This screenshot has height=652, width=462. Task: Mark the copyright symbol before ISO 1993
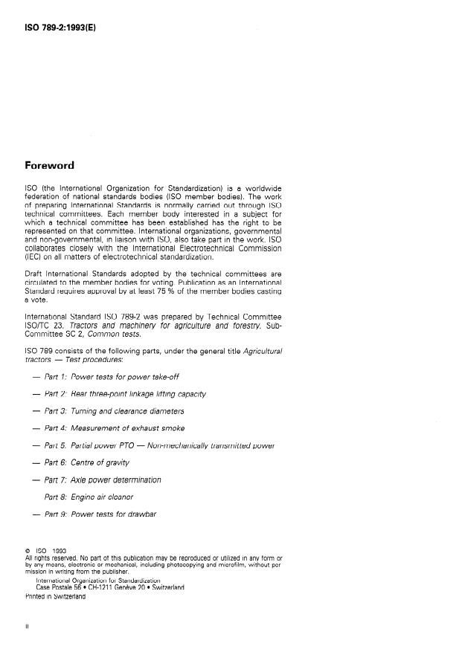coord(28,551)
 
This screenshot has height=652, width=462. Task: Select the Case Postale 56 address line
coord(110,587)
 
